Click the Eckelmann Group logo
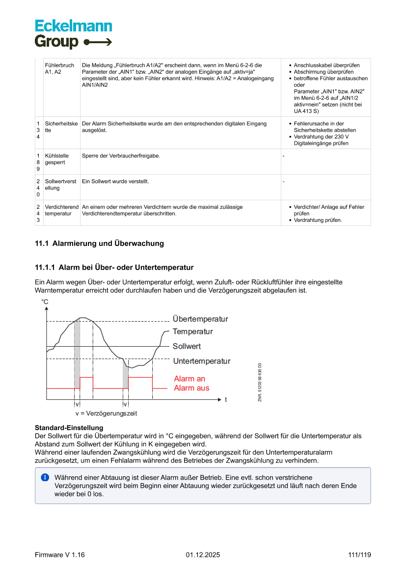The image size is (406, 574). pos(73,34)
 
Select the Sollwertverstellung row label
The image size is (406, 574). pos(61,185)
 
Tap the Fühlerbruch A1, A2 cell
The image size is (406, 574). pos(59,68)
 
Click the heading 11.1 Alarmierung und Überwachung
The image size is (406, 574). pos(99,244)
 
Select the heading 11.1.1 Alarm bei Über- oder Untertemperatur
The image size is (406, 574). pos(114,268)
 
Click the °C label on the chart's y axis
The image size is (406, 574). pos(45,302)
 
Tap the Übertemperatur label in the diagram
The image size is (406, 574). pos(200,319)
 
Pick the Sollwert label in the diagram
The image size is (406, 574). pos(187,347)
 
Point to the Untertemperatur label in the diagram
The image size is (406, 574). pos(201,361)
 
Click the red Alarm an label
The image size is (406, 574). pos(189,379)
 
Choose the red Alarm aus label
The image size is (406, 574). pos(191,388)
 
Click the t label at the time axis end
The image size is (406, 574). pos(226,400)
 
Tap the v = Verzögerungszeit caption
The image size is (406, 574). pos(103,414)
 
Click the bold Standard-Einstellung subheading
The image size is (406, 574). pos(69,428)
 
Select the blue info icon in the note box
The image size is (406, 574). pos(45,477)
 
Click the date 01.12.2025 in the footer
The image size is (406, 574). pos(203,555)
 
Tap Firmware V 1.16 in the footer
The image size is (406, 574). pos(60,555)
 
